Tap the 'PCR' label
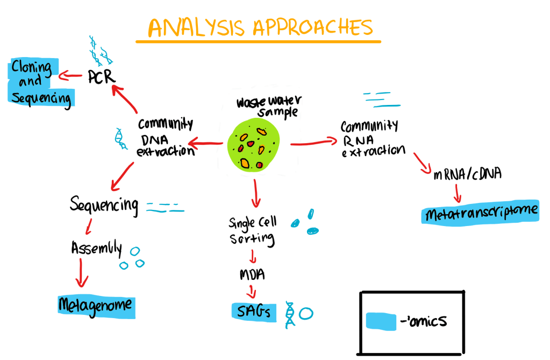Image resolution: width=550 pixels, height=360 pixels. tap(101, 77)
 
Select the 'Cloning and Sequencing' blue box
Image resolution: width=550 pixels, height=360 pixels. tap(40, 83)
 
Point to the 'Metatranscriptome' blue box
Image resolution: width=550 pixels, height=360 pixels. tap(480, 214)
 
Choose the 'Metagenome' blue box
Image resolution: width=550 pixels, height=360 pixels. tap(96, 305)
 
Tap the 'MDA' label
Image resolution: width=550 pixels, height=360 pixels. tap(252, 275)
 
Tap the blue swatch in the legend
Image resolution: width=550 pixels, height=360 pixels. tap(381, 321)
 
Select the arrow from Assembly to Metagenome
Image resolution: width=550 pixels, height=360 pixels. tap(81, 272)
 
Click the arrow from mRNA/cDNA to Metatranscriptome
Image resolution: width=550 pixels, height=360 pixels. tap(459, 194)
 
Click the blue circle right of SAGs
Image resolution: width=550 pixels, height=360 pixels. tap(306, 313)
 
